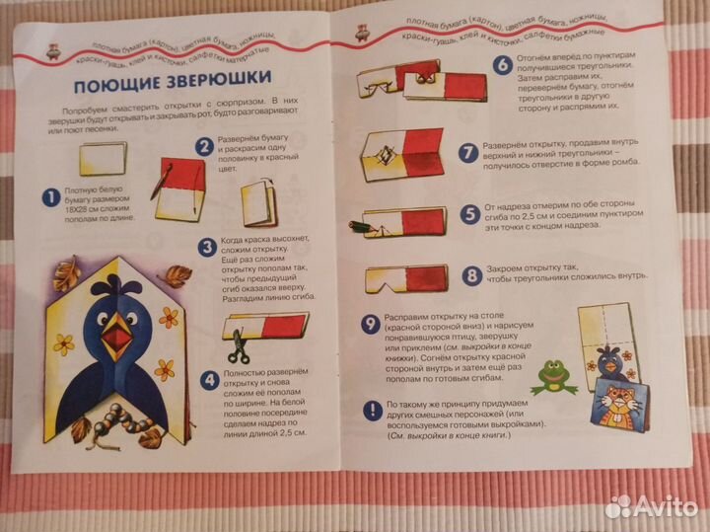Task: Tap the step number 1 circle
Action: pos(48,199)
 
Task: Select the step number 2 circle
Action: pos(204,147)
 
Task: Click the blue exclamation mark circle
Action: pos(370,407)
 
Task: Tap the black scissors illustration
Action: pos(237,346)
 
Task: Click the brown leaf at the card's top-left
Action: pos(66,270)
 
